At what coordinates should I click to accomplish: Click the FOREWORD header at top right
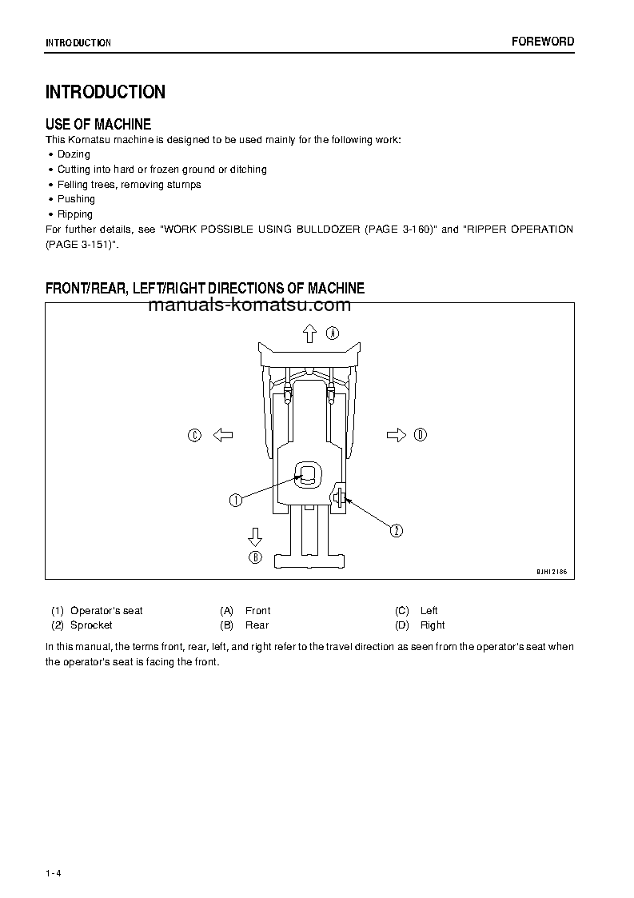click(543, 42)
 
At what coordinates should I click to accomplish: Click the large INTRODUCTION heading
click(106, 92)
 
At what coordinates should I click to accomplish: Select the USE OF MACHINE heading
click(98, 124)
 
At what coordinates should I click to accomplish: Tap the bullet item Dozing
click(74, 154)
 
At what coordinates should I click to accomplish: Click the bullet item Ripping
click(75, 214)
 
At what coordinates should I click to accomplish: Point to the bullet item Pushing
click(76, 199)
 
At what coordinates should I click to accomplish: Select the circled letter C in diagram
click(194, 435)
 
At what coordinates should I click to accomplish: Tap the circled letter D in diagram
click(421, 435)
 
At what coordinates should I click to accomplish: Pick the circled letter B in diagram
click(255, 557)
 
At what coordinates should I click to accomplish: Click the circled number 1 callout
click(236, 501)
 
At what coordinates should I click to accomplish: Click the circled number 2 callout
click(396, 529)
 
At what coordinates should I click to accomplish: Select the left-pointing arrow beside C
click(222, 435)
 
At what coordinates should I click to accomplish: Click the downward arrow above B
click(255, 535)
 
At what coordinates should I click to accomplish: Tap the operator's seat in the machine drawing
click(308, 475)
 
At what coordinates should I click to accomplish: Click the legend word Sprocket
click(91, 625)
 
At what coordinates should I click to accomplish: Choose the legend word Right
click(433, 625)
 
